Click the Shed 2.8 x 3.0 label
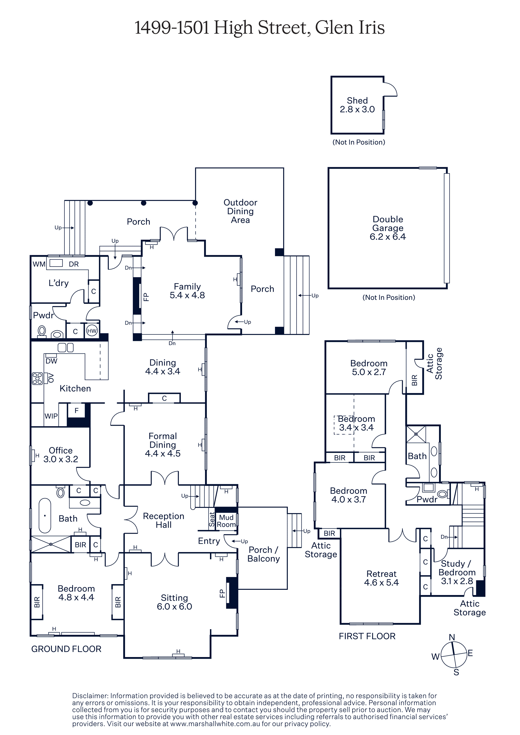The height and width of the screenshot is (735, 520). point(357,105)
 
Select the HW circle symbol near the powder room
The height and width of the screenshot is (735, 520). point(92,331)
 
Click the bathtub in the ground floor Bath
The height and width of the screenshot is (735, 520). point(45,516)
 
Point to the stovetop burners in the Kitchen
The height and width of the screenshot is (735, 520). point(38,378)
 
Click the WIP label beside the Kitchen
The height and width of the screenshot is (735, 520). point(51,416)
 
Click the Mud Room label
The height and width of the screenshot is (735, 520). point(226,521)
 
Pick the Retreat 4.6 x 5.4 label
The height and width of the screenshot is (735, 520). point(381,578)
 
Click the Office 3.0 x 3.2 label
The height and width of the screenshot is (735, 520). point(61,455)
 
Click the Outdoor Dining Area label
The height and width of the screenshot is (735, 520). point(240,211)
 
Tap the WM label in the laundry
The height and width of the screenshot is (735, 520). point(39,264)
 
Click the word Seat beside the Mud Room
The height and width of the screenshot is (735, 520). point(212,519)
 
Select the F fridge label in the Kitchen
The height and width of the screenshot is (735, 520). point(77,410)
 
